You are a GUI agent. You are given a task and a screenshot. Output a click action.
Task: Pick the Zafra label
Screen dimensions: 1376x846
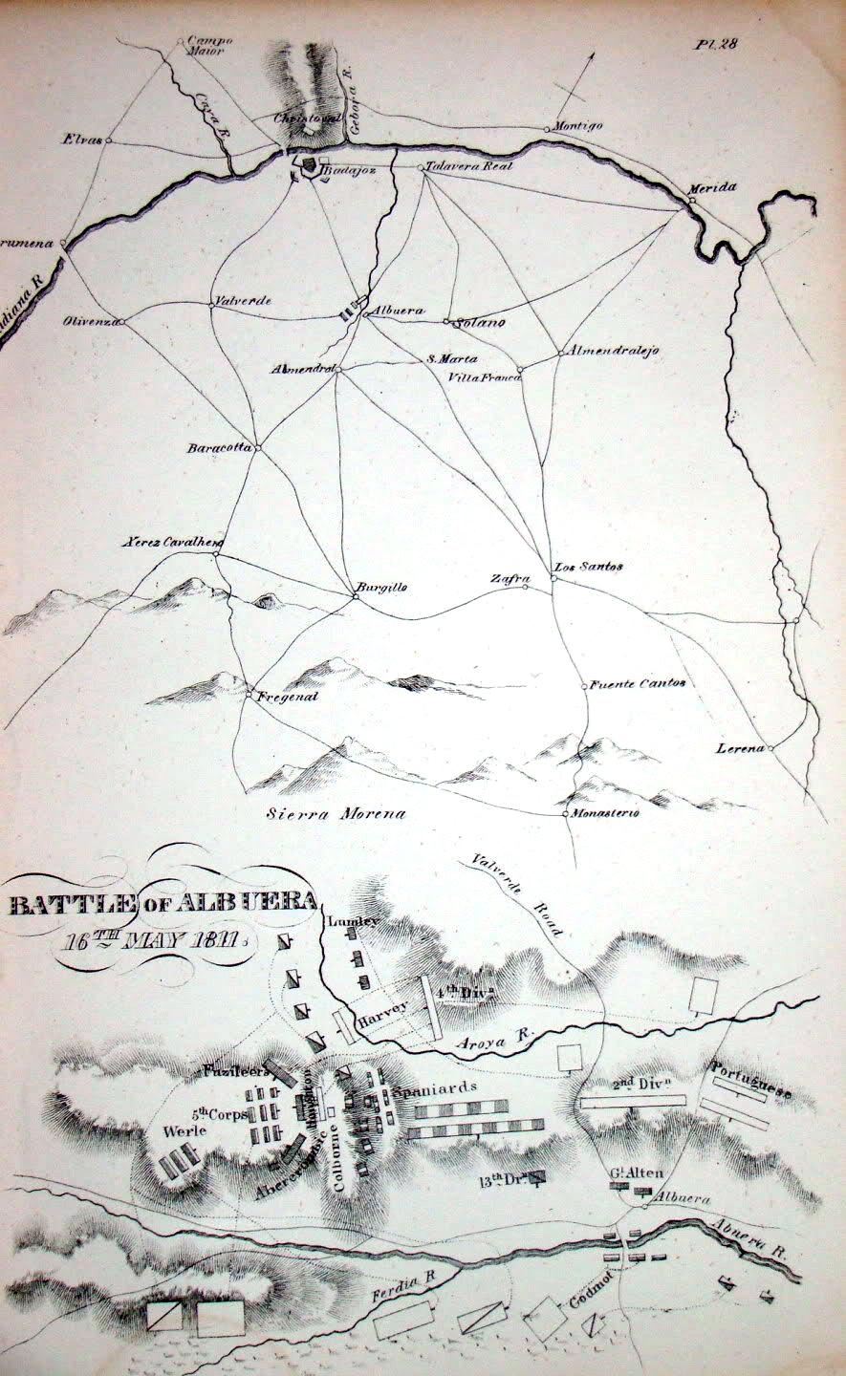[508, 577]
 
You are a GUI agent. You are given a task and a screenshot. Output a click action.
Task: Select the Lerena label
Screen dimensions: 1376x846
[741, 748]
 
